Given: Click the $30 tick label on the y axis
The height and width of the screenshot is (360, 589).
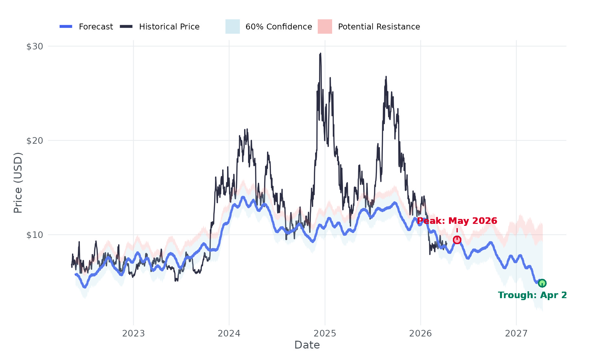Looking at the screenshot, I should pos(35,46).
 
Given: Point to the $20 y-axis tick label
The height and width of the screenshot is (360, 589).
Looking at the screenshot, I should pos(35,141).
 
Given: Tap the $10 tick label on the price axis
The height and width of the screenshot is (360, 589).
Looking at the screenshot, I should pos(35,235).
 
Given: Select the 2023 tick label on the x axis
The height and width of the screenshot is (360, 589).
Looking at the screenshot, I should pos(134,333).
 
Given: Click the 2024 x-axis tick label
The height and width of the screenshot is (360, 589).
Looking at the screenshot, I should pos(229,333).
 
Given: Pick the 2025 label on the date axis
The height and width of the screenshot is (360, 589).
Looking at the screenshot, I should pos(325,333).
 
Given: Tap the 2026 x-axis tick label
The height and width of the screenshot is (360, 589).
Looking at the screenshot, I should pos(420,333).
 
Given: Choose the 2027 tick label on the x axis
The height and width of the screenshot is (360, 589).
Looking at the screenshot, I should pos(516,333).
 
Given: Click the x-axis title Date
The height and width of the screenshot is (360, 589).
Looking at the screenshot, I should pos(307,345).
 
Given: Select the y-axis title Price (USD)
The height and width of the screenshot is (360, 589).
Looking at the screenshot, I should pos(18,183).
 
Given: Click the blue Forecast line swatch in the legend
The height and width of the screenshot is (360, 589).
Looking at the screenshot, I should pos(66,27).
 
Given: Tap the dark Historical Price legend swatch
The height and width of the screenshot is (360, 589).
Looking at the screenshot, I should pos(126,27).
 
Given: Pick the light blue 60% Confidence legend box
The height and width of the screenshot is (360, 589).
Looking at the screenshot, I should pos(233,27).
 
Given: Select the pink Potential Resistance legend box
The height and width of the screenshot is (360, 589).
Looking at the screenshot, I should pos(325,27).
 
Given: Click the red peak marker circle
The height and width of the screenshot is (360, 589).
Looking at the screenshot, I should pos(457,240).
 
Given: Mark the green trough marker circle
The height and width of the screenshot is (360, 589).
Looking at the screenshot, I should pos(542,283).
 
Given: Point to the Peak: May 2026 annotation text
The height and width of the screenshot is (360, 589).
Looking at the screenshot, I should pos(457,221).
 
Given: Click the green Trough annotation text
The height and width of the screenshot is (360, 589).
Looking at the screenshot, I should pos(532,295).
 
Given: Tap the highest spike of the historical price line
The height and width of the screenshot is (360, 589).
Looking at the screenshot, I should pos(320,54).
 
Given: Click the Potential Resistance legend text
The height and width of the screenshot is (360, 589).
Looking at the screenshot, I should pos(379,27).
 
